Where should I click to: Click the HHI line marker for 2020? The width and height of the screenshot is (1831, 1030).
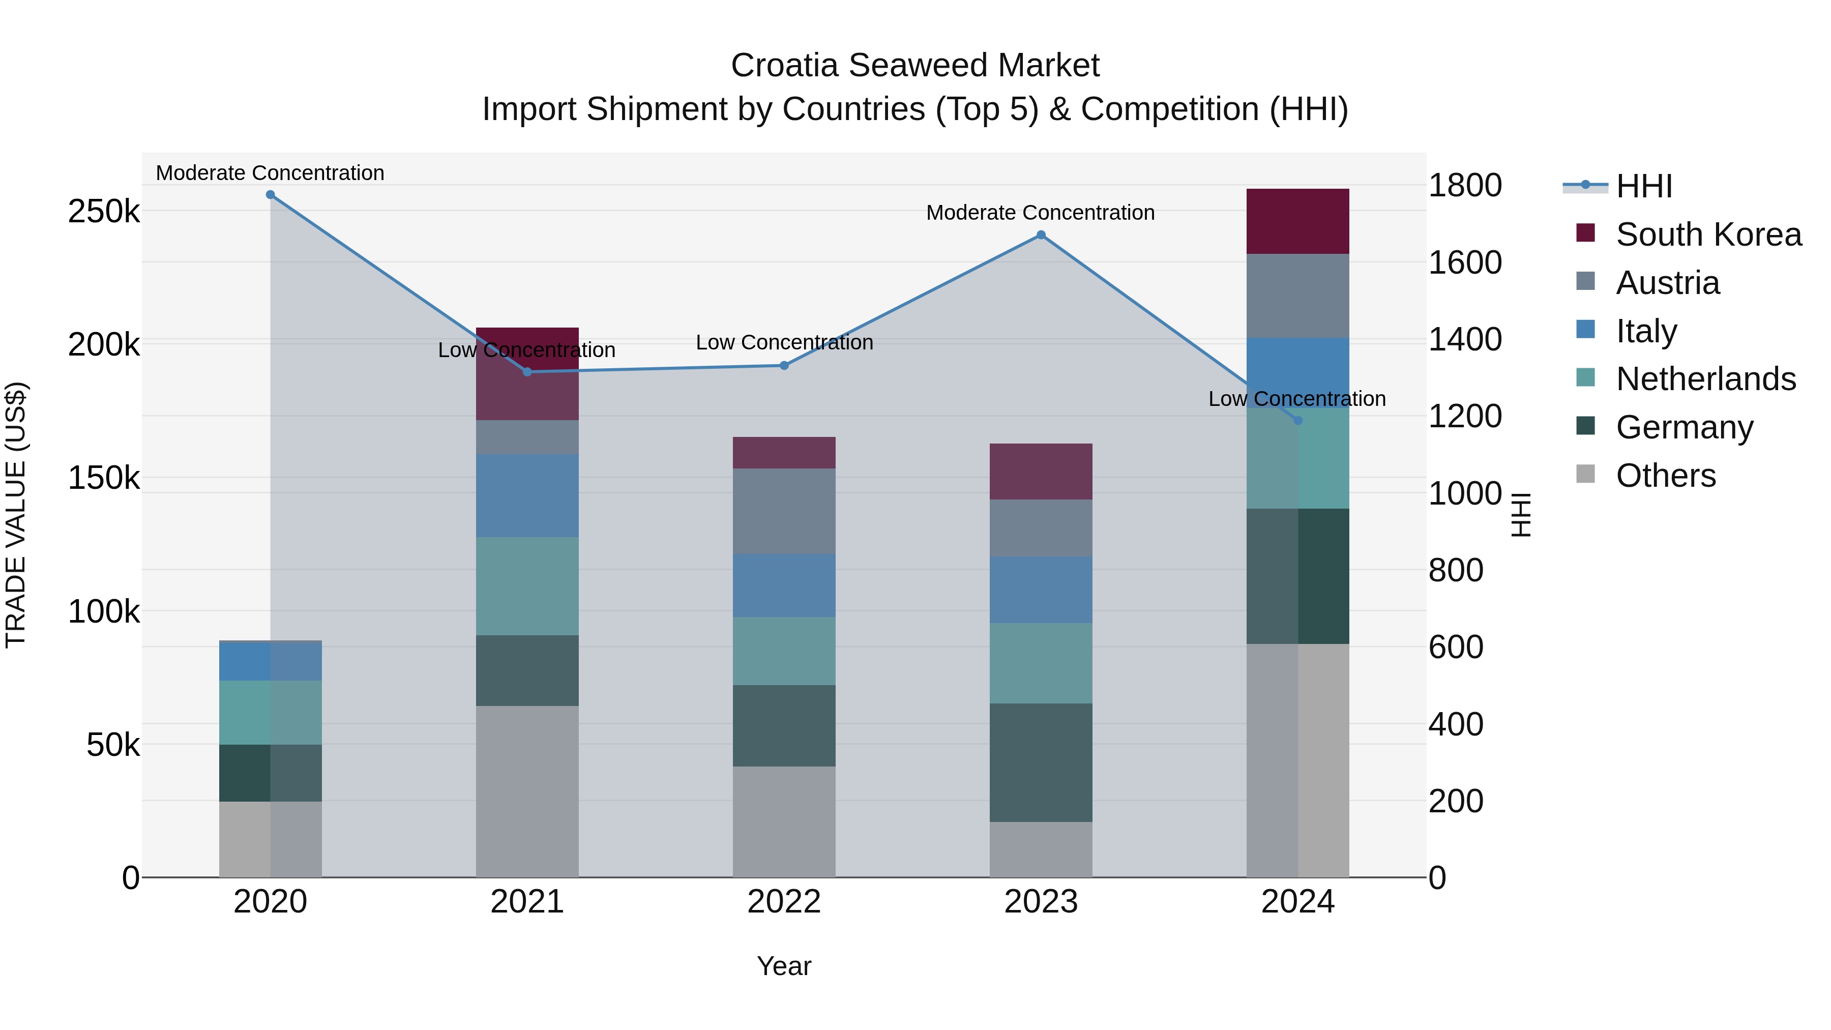[x=270, y=195]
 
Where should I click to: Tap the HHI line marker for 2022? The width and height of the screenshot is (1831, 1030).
[x=784, y=365]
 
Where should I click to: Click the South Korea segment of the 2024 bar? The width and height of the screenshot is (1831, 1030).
[x=1298, y=221]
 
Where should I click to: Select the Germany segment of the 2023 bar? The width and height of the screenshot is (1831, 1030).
[x=1041, y=763]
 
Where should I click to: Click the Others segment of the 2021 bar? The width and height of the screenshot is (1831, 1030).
[x=527, y=791]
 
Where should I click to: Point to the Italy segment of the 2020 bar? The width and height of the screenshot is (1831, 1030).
[x=270, y=661]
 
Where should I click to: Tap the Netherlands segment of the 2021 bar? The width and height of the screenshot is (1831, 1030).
[x=527, y=586]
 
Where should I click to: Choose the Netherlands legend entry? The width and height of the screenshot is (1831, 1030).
[x=1705, y=379]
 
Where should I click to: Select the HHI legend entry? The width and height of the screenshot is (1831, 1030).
[x=1643, y=186]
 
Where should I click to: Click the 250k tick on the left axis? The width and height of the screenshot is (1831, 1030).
[x=104, y=211]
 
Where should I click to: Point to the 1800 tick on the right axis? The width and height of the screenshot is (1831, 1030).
[x=1465, y=186]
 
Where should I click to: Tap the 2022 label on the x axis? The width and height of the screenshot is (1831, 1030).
[x=784, y=902]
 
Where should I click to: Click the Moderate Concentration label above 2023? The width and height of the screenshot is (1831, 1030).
[x=1040, y=213]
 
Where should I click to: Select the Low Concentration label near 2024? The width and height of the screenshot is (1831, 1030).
[x=1296, y=399]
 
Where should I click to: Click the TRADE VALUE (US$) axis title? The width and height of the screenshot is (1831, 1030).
[x=16, y=515]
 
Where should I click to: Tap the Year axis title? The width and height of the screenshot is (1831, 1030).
[x=784, y=966]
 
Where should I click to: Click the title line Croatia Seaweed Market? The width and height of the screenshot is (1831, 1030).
[x=915, y=66]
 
